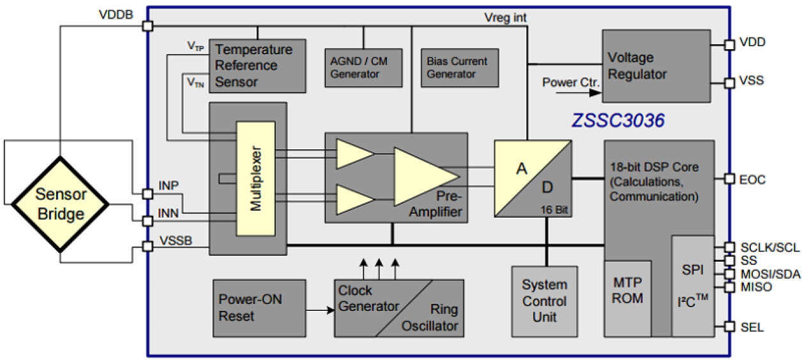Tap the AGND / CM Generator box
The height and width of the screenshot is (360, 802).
(x=363, y=68)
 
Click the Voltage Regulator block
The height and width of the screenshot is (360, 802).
(x=656, y=66)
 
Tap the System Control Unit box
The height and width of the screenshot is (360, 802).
(x=545, y=301)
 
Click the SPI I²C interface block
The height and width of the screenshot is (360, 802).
(x=692, y=286)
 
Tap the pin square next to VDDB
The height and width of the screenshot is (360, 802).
(x=148, y=26)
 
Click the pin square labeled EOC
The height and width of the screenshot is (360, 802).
(x=729, y=179)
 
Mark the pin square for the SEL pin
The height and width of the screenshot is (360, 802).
(x=729, y=327)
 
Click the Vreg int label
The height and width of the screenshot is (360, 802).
(x=505, y=17)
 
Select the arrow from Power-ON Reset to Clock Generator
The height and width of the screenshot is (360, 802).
(x=319, y=311)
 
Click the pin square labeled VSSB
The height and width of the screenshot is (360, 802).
(x=148, y=246)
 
